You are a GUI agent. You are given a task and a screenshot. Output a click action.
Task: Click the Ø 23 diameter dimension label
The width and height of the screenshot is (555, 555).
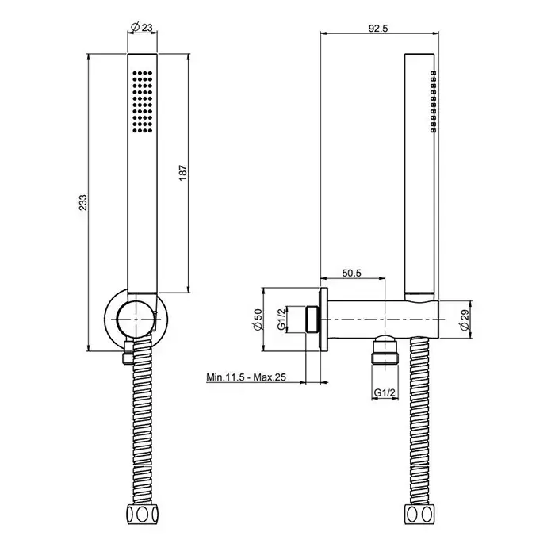pos(142,27)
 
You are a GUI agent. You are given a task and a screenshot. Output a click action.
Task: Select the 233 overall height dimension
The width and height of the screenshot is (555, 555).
pos(82,202)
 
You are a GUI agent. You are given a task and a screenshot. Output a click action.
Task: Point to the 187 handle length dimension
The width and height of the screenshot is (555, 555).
pos(182,172)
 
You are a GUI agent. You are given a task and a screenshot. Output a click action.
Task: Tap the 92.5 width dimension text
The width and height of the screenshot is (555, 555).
pos(378,28)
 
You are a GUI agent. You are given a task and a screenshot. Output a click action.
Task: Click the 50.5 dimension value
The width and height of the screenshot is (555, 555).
pos(351,273)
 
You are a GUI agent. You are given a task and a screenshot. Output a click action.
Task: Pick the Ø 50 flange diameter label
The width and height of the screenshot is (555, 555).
pos(258,320)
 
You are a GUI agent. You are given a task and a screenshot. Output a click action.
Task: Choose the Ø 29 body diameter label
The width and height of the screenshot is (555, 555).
pos(465,320)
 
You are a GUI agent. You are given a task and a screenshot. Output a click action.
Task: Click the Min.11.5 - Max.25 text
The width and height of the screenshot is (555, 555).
pos(246,377)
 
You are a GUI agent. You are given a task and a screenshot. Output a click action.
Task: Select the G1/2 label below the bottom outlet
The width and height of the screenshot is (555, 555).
pos(385,392)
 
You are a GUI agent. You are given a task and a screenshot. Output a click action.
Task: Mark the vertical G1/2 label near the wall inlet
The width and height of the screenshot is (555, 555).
pos(281,320)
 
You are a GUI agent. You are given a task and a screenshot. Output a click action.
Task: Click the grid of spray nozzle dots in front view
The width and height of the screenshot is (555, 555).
pos(143,102)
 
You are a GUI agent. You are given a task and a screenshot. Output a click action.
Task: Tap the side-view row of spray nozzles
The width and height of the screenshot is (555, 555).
pos(434,101)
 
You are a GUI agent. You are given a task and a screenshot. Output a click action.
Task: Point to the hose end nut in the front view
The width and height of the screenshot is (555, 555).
pos(142,514)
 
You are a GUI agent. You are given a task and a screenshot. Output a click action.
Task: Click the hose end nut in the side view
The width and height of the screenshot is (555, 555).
pos(419,514)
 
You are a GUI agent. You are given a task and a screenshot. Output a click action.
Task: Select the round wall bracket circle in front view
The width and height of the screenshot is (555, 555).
pos(136,319)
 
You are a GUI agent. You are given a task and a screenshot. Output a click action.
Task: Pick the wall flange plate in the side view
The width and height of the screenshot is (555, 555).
pos(323,320)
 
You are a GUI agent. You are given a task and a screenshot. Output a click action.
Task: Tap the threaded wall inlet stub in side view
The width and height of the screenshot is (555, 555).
pos(313,320)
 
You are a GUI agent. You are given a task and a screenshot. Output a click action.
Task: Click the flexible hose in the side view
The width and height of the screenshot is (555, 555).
pos(419,421)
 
